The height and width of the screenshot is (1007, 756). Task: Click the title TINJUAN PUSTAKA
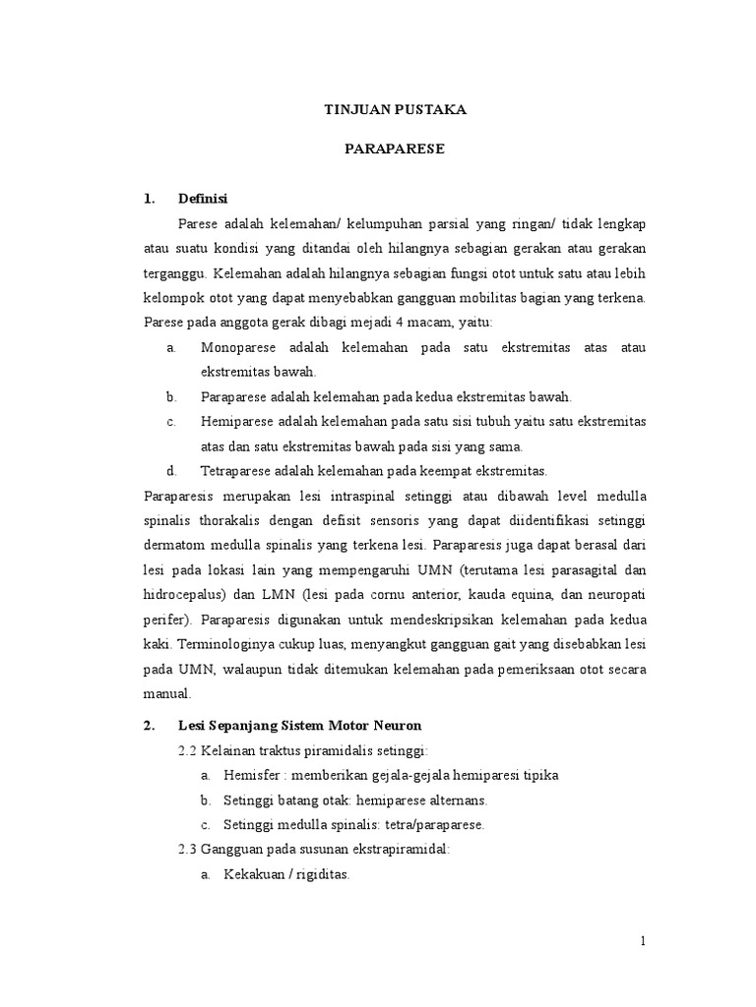click(x=395, y=110)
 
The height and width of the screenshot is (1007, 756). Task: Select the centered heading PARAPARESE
click(x=395, y=149)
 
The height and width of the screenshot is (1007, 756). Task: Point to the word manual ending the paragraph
click(x=166, y=692)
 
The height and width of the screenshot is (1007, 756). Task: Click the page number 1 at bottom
click(x=644, y=942)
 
